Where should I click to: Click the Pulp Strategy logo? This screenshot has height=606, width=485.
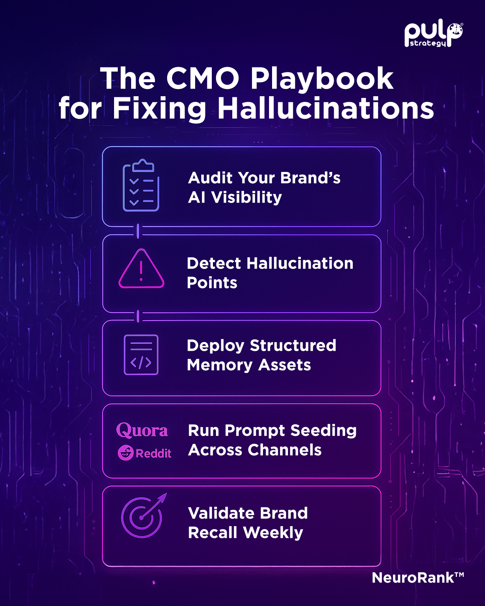[x=433, y=35]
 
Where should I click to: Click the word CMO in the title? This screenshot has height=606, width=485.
[x=203, y=78]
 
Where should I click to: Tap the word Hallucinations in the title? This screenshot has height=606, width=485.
[x=326, y=109]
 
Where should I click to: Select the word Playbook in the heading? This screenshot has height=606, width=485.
[x=322, y=80]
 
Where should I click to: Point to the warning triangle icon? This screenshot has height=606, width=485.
[x=141, y=269]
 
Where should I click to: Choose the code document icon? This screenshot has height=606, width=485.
[x=141, y=355]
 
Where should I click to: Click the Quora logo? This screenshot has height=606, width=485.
[x=142, y=430]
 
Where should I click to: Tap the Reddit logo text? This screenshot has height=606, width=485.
[x=153, y=453]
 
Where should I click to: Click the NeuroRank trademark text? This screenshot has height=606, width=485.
[x=418, y=578]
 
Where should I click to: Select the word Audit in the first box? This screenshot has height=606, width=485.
[x=211, y=178]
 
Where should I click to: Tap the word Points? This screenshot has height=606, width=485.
[x=212, y=283]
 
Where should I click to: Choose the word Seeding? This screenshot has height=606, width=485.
[x=324, y=431]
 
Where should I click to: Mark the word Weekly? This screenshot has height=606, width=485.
[x=273, y=533]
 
